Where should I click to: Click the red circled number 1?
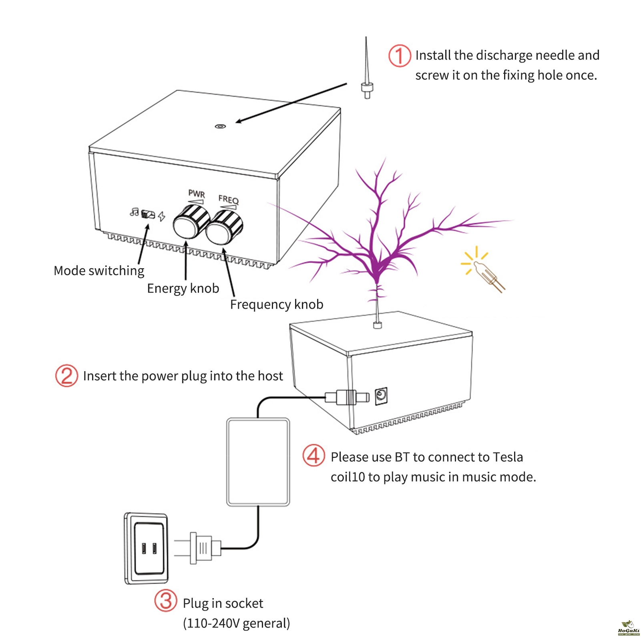[399, 56]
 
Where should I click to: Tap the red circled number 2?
[66, 376]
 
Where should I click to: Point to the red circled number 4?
[313, 455]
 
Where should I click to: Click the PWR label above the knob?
[197, 194]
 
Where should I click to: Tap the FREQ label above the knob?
[229, 199]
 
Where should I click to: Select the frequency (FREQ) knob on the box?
[224, 227]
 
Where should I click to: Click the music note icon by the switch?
[135, 212]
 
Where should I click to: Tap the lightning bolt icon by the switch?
[161, 216]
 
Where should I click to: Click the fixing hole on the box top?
[220, 127]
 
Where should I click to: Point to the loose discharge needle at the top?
[366, 72]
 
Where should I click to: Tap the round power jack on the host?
[381, 396]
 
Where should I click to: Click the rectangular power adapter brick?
[258, 462]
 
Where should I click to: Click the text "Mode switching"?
[99, 271]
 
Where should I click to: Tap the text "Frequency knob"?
[277, 305]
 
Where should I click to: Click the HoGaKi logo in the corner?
[629, 628]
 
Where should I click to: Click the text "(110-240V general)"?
[236, 623]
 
